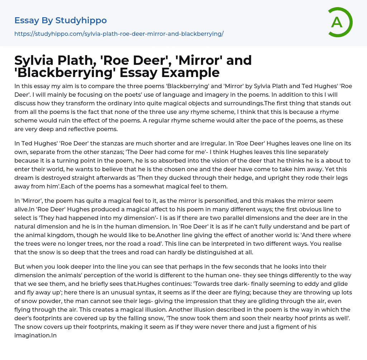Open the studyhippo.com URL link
point(119,34)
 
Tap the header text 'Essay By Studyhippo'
point(61,20)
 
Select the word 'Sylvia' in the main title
point(37,61)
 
